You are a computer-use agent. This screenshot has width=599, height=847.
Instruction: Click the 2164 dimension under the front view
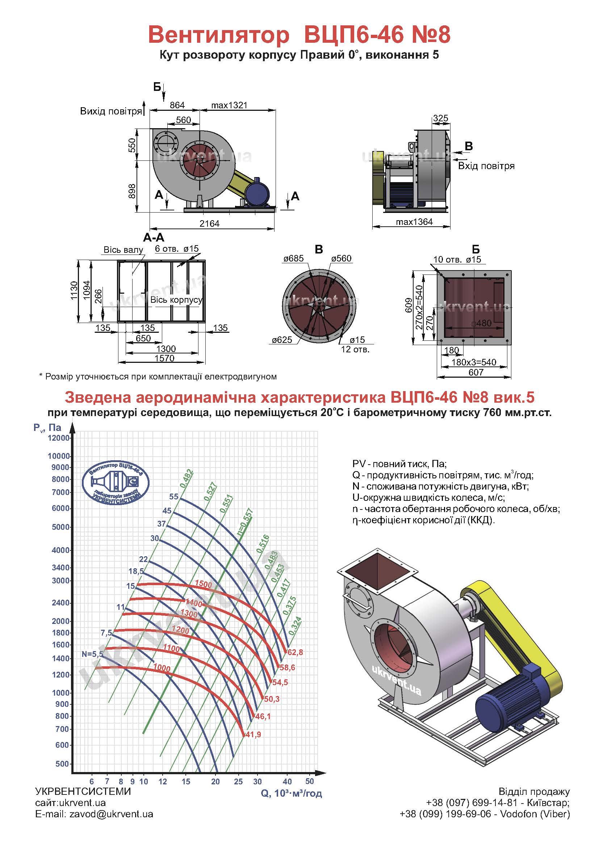(x=209, y=223)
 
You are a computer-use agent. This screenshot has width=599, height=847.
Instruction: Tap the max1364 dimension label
(x=414, y=222)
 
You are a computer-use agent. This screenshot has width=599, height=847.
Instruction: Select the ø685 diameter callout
(x=294, y=258)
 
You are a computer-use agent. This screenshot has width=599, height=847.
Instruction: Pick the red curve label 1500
(x=204, y=584)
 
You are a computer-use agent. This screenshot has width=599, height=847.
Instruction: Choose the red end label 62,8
(x=295, y=652)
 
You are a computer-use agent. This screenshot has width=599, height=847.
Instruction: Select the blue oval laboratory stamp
(x=116, y=484)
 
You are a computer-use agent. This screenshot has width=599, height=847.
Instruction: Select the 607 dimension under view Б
(x=476, y=372)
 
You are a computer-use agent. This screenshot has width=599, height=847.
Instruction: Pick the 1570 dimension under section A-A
(x=164, y=358)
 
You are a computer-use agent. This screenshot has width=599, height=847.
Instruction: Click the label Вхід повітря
(x=486, y=166)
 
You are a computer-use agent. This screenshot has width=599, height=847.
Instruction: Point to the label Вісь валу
(x=123, y=250)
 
